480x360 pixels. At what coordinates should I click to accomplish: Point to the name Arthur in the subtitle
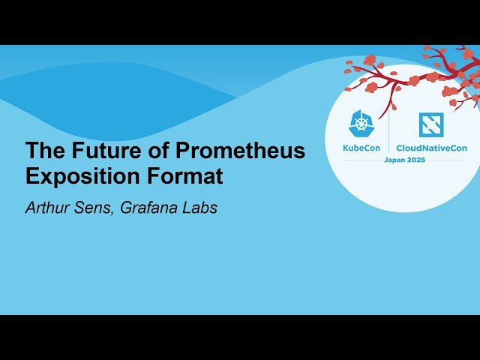tap(48, 208)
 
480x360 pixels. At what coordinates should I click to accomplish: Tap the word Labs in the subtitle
tap(200, 208)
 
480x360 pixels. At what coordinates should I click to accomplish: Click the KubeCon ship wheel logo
tap(361, 124)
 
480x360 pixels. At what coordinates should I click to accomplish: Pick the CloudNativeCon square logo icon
tap(430, 124)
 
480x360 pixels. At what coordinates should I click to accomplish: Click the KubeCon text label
tap(361, 148)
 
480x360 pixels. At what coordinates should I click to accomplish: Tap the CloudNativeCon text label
tap(431, 148)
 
